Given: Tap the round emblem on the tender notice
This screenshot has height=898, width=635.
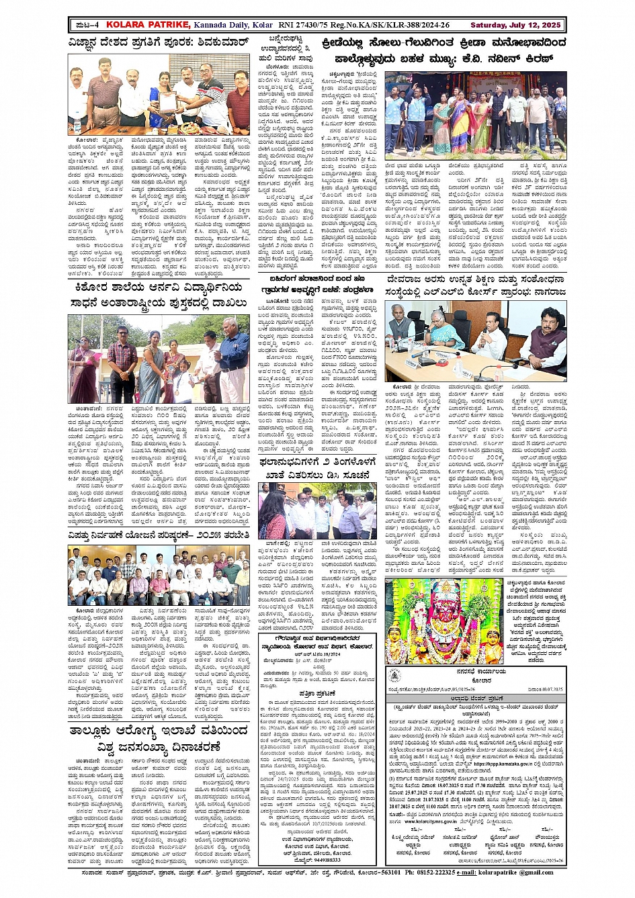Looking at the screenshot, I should [x=395, y=675].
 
